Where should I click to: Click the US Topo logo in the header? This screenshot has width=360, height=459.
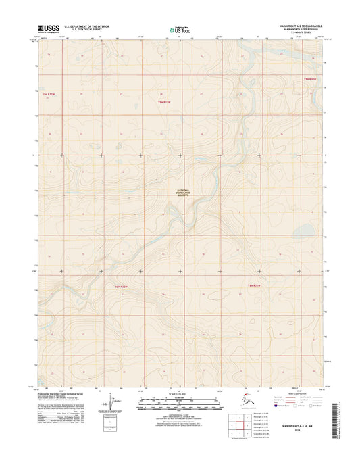[x=180, y=30]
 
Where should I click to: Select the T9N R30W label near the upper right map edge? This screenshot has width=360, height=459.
[x=310, y=80]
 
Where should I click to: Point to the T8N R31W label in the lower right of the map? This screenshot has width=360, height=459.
[x=253, y=287]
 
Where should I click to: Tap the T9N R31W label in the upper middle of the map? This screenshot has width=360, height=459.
[x=165, y=103]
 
